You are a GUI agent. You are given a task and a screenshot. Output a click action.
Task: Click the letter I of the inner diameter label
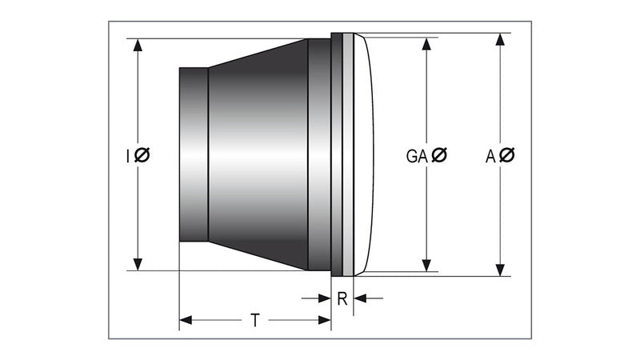tap(128, 155)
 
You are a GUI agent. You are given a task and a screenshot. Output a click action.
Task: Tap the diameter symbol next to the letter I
tap(142, 155)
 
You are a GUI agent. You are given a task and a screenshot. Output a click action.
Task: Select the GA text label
tap(415, 156)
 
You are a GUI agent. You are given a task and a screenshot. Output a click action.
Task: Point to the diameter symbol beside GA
tap(439, 156)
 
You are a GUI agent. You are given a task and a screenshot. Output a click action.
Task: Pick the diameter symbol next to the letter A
tap(507, 156)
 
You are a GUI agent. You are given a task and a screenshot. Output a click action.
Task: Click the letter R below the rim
tap(342, 299)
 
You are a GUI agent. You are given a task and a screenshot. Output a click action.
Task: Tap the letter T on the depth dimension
tap(254, 321)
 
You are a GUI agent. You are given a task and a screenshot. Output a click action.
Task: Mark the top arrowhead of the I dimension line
tap(138, 45)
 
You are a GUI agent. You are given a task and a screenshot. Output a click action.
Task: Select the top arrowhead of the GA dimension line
tap(426, 41)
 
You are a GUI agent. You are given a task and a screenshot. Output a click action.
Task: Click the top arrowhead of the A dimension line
tap(501, 39)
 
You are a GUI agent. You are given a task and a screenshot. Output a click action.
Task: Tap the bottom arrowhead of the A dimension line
tap(501, 269)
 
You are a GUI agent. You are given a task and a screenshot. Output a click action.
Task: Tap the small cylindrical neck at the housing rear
tap(193, 154)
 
